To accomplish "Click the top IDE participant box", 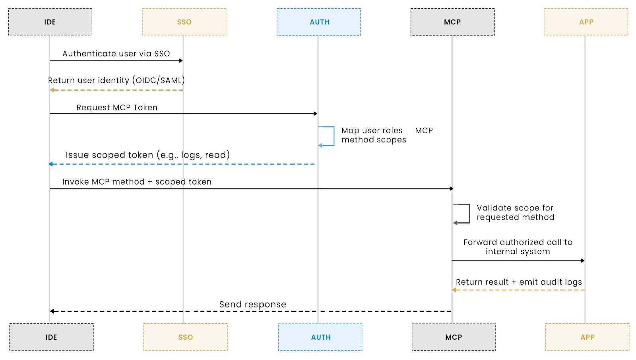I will [x=50, y=22].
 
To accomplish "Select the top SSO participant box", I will [x=184, y=22].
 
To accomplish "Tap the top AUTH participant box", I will [x=319, y=22].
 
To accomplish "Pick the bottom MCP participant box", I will [x=454, y=337].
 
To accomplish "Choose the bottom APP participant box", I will [x=587, y=337].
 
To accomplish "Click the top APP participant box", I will [x=586, y=22].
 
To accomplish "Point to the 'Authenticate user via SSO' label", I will [x=116, y=54].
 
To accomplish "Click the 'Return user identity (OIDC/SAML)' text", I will [x=116, y=80].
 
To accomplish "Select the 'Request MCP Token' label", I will [x=117, y=107].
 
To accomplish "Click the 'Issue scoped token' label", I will [x=147, y=155].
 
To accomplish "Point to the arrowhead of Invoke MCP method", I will [x=451, y=189].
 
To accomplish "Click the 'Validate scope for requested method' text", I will [x=515, y=212].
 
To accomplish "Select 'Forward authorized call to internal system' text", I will [x=518, y=247].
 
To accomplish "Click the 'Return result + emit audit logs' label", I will [x=519, y=282].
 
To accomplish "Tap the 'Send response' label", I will [x=252, y=304].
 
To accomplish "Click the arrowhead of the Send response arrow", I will [x=52, y=311].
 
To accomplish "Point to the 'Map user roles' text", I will [x=372, y=130].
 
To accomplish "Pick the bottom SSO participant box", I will [x=185, y=337].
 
